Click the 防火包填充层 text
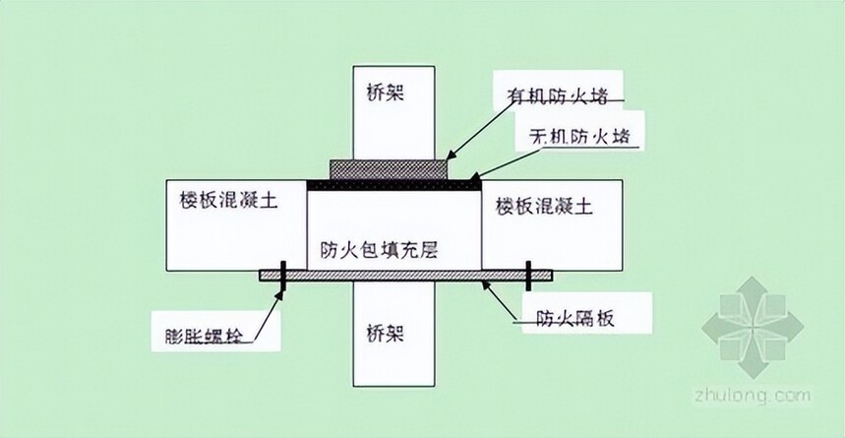(379, 250)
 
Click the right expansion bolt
(529, 277)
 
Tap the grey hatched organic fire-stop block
(392, 168)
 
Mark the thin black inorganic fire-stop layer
(393, 183)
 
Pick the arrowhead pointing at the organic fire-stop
(452, 155)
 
